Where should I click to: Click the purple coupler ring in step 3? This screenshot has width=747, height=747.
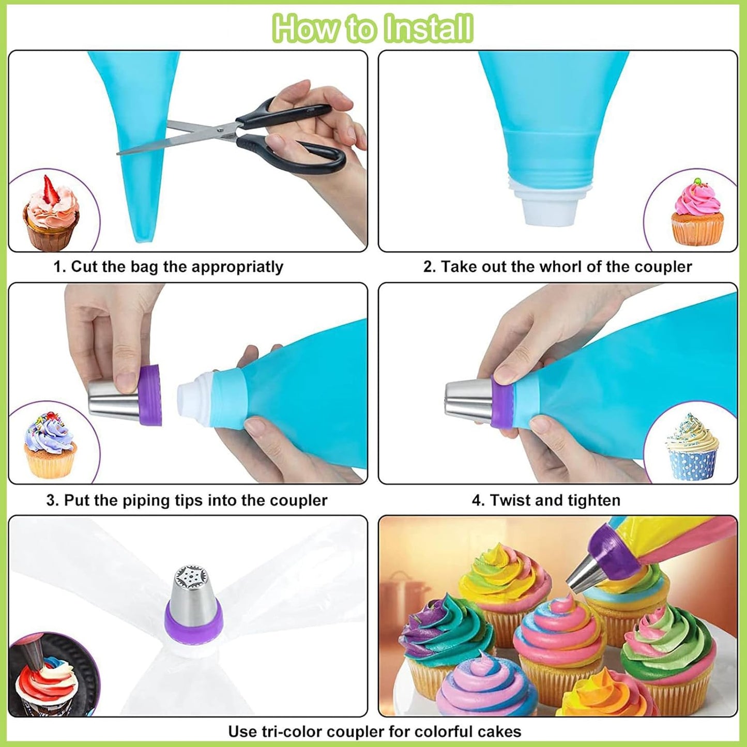point(150,395)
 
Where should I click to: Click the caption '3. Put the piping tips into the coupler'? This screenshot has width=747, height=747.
point(187,500)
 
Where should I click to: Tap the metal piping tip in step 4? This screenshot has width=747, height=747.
point(468,401)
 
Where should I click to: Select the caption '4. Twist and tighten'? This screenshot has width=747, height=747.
point(546,500)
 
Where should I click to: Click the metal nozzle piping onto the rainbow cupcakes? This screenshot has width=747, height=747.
point(584,574)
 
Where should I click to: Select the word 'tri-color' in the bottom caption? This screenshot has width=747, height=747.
point(296,731)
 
